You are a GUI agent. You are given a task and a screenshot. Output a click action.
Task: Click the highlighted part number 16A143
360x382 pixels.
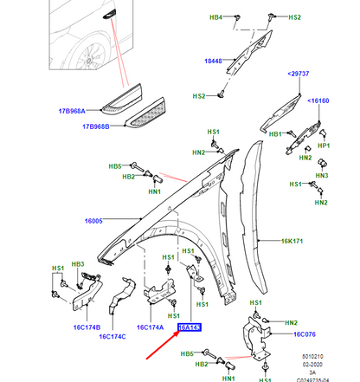click(x=189, y=327)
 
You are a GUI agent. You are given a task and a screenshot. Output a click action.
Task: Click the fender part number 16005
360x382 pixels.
click(x=95, y=222)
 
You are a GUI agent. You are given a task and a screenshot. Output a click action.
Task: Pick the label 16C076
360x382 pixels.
click(x=307, y=334)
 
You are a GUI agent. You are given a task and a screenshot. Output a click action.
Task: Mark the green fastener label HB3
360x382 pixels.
click(x=78, y=263)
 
